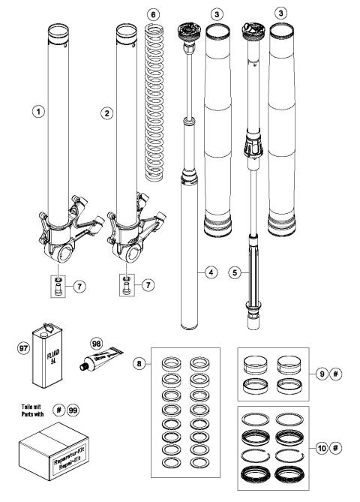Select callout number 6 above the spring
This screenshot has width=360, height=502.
(154, 15)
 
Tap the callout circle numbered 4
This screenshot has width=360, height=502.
(213, 272)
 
